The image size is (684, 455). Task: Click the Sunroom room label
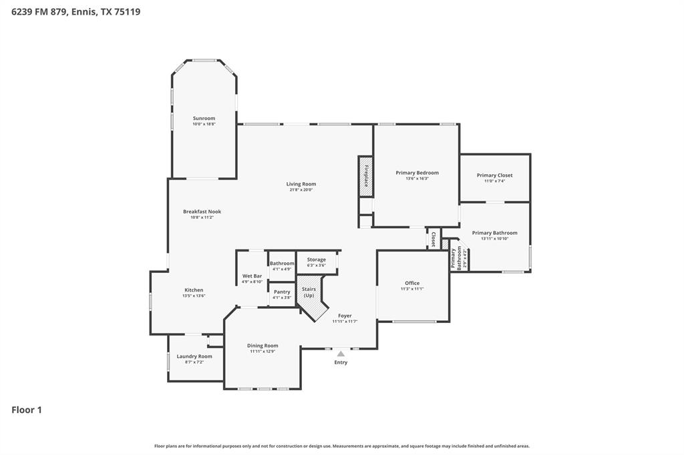click(x=204, y=118)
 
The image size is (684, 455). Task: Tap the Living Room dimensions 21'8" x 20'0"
click(x=301, y=190)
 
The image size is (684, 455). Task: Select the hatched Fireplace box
click(x=365, y=176)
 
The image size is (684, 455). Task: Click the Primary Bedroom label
click(x=417, y=173)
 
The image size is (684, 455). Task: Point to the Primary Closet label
click(x=494, y=175)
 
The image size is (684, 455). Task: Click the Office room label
click(x=412, y=283)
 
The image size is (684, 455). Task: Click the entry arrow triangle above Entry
click(x=341, y=354)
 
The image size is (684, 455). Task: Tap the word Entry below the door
click(x=341, y=362)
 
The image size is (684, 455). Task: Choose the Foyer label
click(x=345, y=316)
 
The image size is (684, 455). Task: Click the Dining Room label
click(x=263, y=346)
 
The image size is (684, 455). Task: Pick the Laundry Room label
click(x=194, y=356)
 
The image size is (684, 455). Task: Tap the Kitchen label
click(x=194, y=290)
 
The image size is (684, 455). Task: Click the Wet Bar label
click(x=252, y=276)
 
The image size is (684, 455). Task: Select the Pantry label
click(x=282, y=292)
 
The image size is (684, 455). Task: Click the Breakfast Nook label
click(x=202, y=211)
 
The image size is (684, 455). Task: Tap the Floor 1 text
click(x=27, y=410)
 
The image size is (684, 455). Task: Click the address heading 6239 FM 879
click(x=75, y=11)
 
